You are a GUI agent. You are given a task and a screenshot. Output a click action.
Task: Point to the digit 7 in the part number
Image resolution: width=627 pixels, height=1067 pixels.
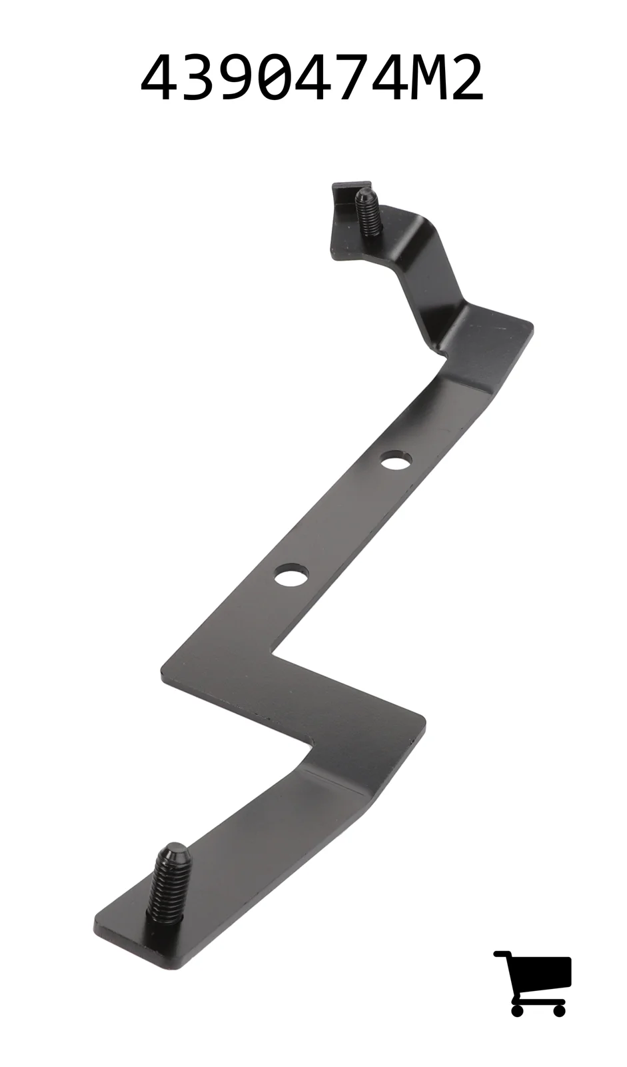tap(374, 77)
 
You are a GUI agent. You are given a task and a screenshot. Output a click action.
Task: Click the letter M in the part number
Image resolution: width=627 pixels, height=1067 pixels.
tap(418, 77)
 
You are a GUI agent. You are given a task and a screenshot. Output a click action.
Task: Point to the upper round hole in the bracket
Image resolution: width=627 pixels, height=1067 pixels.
tap(396, 460)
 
